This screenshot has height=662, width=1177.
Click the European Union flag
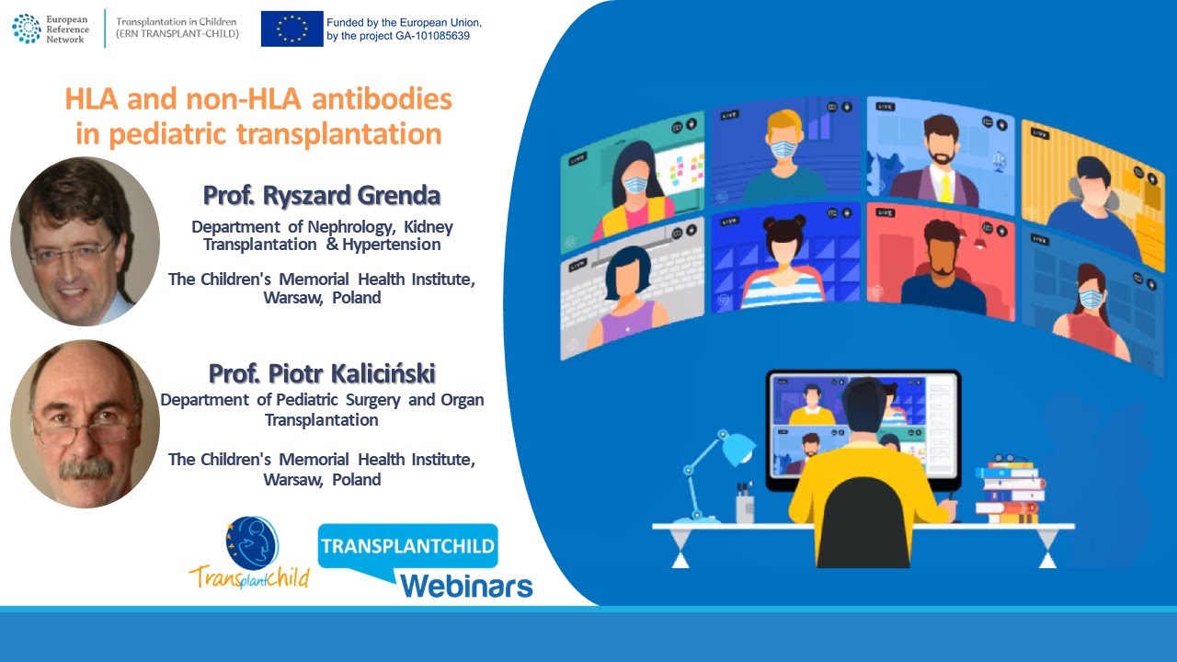click(x=291, y=29)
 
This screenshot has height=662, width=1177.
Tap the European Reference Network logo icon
click(x=26, y=28)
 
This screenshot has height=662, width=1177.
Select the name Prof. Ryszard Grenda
click(x=322, y=196)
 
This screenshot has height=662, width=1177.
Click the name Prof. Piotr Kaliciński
click(x=322, y=373)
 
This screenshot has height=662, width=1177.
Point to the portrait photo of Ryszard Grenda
click(x=85, y=241)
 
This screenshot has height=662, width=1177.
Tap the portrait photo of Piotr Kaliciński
click(x=85, y=423)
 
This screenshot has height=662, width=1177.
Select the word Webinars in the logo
click(x=466, y=585)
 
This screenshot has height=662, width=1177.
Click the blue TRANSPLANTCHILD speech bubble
click(x=407, y=546)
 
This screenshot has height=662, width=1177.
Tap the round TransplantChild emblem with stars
click(x=252, y=543)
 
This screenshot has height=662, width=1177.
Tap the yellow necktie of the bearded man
click(x=944, y=188)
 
